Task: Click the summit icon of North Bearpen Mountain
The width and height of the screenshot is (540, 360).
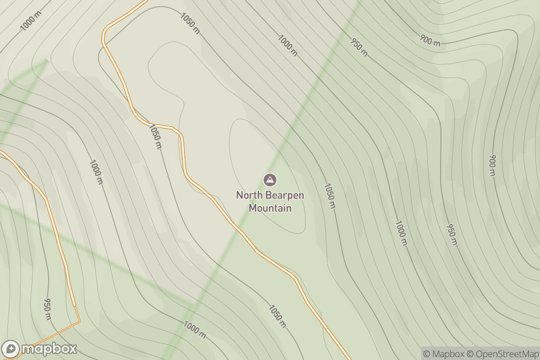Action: click(x=270, y=180)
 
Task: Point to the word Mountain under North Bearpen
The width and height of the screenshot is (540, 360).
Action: click(x=270, y=208)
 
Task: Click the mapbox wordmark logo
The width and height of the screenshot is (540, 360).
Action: click(x=49, y=349)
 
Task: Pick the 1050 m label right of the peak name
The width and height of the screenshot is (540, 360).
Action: click(x=330, y=196)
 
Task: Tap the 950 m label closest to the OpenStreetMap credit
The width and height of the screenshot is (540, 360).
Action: click(x=451, y=234)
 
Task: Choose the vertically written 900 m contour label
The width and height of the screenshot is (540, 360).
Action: click(x=492, y=165)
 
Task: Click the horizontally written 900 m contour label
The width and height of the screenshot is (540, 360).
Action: click(x=430, y=40)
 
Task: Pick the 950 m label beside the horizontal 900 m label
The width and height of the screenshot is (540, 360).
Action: click(x=359, y=47)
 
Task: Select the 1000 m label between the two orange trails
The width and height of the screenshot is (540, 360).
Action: click(x=96, y=171)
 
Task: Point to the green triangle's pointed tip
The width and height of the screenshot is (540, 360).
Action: click(x=46, y=60)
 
